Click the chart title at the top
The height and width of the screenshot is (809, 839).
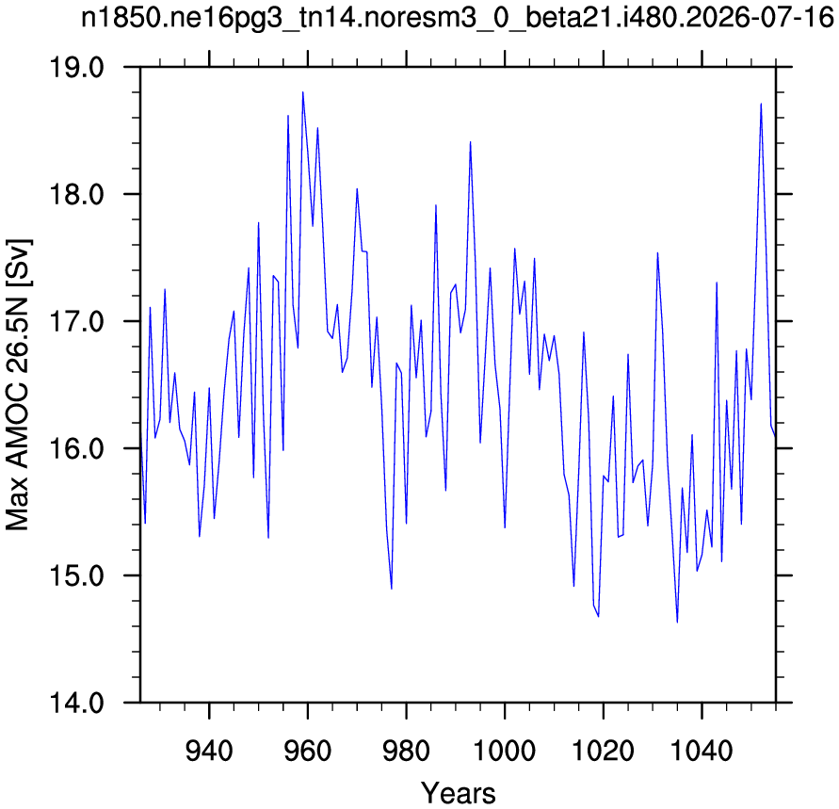coord(458,18)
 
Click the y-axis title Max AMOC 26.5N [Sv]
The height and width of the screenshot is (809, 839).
coord(18,384)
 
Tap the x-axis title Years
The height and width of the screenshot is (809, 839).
coord(458,792)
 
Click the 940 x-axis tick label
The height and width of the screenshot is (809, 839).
coord(209,751)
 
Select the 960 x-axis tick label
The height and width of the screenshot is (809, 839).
coord(308,751)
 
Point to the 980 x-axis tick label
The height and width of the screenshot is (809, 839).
coord(406,751)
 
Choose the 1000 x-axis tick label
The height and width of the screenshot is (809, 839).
coord(505,751)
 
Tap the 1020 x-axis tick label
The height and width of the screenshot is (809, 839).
coord(603,751)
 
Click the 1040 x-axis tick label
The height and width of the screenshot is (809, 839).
coord(702,751)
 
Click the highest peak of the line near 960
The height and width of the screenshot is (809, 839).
coord(303,92)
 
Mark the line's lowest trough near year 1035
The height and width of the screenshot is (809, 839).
coord(677,623)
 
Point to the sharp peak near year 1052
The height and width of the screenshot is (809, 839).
coord(761,104)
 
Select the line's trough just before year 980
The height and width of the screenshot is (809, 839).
coord(392,589)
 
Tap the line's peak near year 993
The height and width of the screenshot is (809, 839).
coord(470,142)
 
